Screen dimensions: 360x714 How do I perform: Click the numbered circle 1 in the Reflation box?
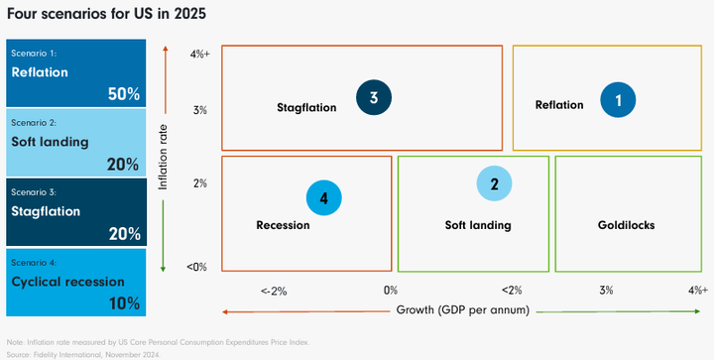618,100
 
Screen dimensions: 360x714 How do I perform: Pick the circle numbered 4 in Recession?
323,198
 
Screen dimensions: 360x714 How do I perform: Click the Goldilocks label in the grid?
626,225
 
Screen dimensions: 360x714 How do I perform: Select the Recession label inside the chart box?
283,225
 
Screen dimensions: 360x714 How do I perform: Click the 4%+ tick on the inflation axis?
198,55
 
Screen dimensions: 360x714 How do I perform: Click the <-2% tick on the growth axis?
274,291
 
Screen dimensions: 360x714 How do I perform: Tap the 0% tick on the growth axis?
391,291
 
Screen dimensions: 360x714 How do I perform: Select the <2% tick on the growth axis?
511,291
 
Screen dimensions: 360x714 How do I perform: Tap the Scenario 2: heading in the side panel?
33,122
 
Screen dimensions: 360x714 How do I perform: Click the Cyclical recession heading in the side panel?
67,281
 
